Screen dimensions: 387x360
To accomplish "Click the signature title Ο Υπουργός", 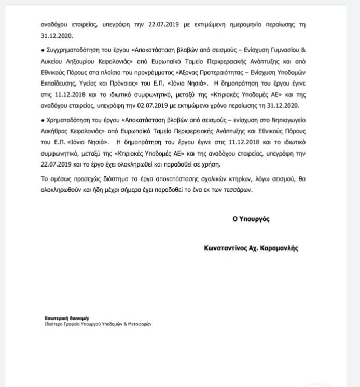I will pos(251,218).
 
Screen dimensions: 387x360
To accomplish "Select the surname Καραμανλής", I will pos(278,248).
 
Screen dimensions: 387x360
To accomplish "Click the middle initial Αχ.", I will pos(255,248).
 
